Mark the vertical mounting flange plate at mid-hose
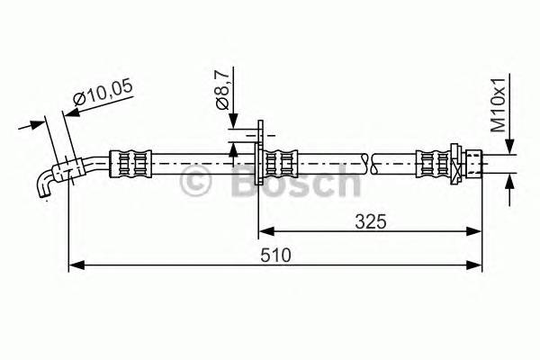pos(259,162)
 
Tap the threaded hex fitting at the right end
pos(471,163)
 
